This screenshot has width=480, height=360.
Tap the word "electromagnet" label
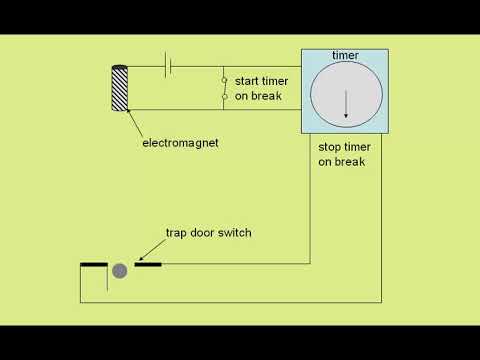point(181,143)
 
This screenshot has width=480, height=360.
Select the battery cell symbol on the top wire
point(169,67)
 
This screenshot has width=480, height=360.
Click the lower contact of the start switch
point(224,97)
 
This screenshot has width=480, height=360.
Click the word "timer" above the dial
point(345,56)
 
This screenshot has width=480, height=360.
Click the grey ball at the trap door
point(120,270)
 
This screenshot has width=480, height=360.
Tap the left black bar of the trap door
point(94,265)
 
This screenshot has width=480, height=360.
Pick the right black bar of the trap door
point(147,265)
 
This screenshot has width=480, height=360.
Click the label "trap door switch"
point(208,233)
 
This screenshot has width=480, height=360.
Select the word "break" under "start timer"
point(267,96)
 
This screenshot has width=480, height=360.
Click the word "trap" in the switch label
point(177,233)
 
